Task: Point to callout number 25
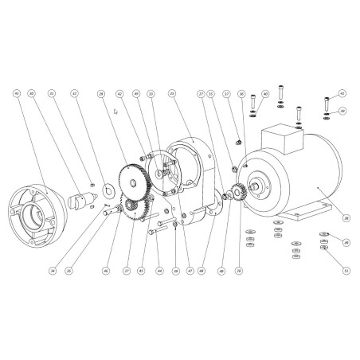click(x=171, y=93)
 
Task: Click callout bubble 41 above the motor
click(x=342, y=93)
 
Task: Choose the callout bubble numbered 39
click(x=342, y=111)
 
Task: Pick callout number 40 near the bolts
click(x=265, y=93)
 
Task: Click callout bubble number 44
click(x=159, y=271)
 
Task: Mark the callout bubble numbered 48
click(x=202, y=271)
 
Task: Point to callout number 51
click(x=346, y=271)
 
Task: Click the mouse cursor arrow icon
click(x=116, y=112)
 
